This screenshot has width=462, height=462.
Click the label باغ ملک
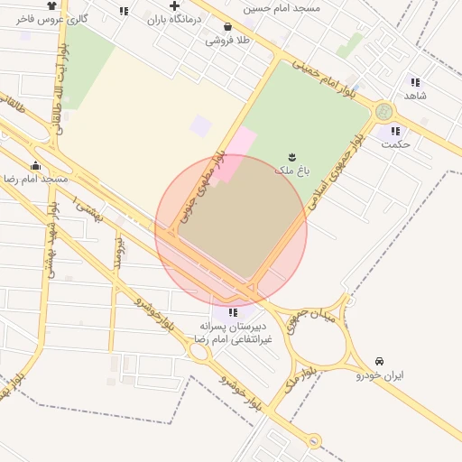tap(291, 169)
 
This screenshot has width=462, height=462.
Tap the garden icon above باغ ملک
tap(291, 156)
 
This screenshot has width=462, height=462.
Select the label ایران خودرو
tap(379, 374)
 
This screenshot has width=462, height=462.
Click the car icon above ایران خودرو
tap(379, 361)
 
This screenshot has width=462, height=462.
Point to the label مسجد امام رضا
tap(36, 179)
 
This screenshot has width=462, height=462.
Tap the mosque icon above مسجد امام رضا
tap(36, 165)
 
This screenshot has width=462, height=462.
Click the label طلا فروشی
tap(227, 40)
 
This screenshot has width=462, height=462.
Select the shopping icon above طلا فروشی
tap(227, 27)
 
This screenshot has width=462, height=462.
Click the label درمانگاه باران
tap(175, 19)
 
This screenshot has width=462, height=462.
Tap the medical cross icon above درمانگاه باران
tap(174, 5)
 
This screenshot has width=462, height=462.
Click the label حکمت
tap(395, 143)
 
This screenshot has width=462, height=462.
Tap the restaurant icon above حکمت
tap(395, 131)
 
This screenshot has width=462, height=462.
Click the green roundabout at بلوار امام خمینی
tap(384, 112)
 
